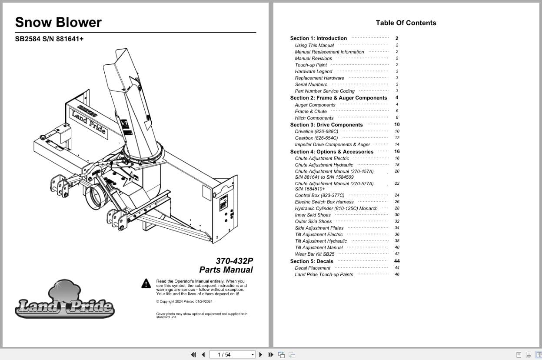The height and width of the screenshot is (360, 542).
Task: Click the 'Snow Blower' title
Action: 58,22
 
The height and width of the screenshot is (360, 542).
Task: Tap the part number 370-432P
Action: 234,261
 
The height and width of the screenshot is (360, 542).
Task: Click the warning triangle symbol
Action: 146,283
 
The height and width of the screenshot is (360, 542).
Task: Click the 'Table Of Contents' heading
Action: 406,23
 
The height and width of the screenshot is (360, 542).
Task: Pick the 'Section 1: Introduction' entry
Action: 318,38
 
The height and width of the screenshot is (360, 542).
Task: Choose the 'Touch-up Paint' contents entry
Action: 311,65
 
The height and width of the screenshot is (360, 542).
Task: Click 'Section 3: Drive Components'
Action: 326,125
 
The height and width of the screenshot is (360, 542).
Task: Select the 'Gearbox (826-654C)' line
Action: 316,138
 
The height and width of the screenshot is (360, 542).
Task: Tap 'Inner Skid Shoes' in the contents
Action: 313,215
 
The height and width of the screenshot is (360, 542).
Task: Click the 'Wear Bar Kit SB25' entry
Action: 314,254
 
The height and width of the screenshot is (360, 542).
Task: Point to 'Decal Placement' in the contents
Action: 313,268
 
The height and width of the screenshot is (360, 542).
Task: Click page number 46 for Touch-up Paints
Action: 397,274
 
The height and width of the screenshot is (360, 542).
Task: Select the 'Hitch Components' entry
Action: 314,118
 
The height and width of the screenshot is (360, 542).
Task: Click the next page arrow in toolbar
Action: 261,355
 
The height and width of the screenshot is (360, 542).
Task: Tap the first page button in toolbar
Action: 193,355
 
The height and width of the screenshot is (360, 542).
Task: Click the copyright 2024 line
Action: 184,301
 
